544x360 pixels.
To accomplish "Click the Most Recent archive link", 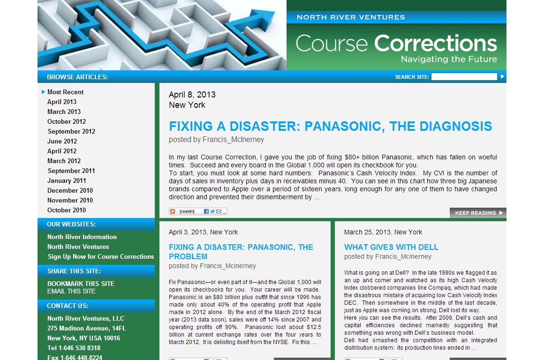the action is coord(65,92).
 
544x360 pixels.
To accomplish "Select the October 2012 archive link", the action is coord(67,121).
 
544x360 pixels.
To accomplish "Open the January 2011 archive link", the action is coord(67,180).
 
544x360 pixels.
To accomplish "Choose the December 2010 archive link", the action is coord(70,190).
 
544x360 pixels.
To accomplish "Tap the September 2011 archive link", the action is coord(71,171).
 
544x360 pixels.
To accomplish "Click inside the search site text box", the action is coord(464,77).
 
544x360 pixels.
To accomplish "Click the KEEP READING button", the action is coord(478,213).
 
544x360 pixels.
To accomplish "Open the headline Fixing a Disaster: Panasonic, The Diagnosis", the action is coord(330,126).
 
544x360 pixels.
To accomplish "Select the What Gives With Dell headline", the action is coord(391,247).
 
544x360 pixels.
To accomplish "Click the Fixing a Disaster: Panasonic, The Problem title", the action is coord(241,252).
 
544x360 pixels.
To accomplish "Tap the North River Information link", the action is coord(82,237).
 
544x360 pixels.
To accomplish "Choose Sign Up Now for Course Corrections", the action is coord(101,257).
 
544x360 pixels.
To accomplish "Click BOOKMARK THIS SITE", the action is coord(81,284).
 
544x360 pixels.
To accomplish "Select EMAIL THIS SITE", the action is coord(71,292).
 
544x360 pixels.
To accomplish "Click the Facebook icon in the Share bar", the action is coord(206,211).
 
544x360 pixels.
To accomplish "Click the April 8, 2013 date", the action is coord(192,95).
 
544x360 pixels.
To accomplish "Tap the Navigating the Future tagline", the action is coord(449,60).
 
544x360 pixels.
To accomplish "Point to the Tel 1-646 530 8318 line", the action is coord(74,348).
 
